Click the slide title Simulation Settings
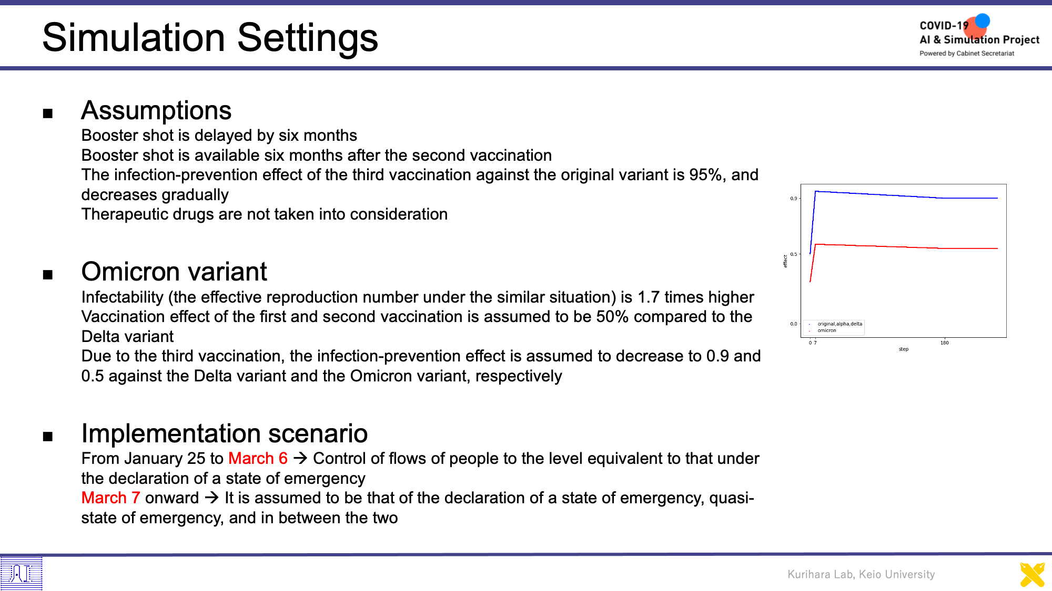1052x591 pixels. pos(210,38)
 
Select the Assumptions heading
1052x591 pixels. pos(156,110)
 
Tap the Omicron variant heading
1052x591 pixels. pos(174,272)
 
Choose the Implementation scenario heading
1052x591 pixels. pos(225,433)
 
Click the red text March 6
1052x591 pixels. pos(258,459)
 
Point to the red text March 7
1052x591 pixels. pos(110,498)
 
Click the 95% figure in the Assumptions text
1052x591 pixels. pos(706,175)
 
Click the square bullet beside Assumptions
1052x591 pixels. pos(48,113)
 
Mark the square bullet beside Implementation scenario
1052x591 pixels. pos(48,436)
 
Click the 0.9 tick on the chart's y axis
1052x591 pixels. pos(793,199)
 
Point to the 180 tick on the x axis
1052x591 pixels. pos(945,343)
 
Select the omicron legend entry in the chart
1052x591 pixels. pos(827,330)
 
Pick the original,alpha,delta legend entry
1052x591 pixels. pos(840,324)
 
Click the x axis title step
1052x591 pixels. pos(904,349)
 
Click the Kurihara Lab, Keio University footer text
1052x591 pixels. pos(861,575)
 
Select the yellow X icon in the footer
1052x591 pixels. pos(1033,575)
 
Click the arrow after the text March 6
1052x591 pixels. pos(300,459)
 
